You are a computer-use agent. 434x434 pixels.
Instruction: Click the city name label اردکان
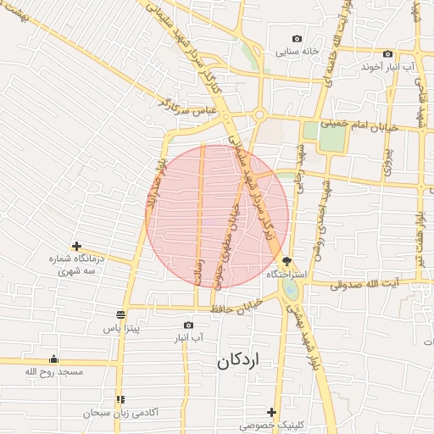click(x=240, y=360)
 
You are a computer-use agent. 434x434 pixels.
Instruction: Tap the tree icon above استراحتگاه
click(x=287, y=260)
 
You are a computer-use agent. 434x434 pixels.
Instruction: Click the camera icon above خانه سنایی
click(x=297, y=38)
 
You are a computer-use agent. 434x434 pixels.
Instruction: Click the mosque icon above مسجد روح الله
click(x=54, y=359)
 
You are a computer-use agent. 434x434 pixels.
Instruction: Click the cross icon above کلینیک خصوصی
click(x=271, y=412)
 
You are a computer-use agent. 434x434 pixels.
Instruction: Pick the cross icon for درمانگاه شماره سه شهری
click(x=76, y=246)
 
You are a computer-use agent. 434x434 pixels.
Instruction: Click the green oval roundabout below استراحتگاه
click(x=292, y=290)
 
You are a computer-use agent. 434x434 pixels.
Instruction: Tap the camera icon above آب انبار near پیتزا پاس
click(x=188, y=325)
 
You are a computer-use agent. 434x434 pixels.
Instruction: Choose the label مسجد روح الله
click(x=54, y=372)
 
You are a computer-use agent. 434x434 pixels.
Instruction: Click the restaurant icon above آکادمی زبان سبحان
click(x=120, y=399)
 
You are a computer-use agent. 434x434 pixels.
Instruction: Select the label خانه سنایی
click(x=297, y=51)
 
